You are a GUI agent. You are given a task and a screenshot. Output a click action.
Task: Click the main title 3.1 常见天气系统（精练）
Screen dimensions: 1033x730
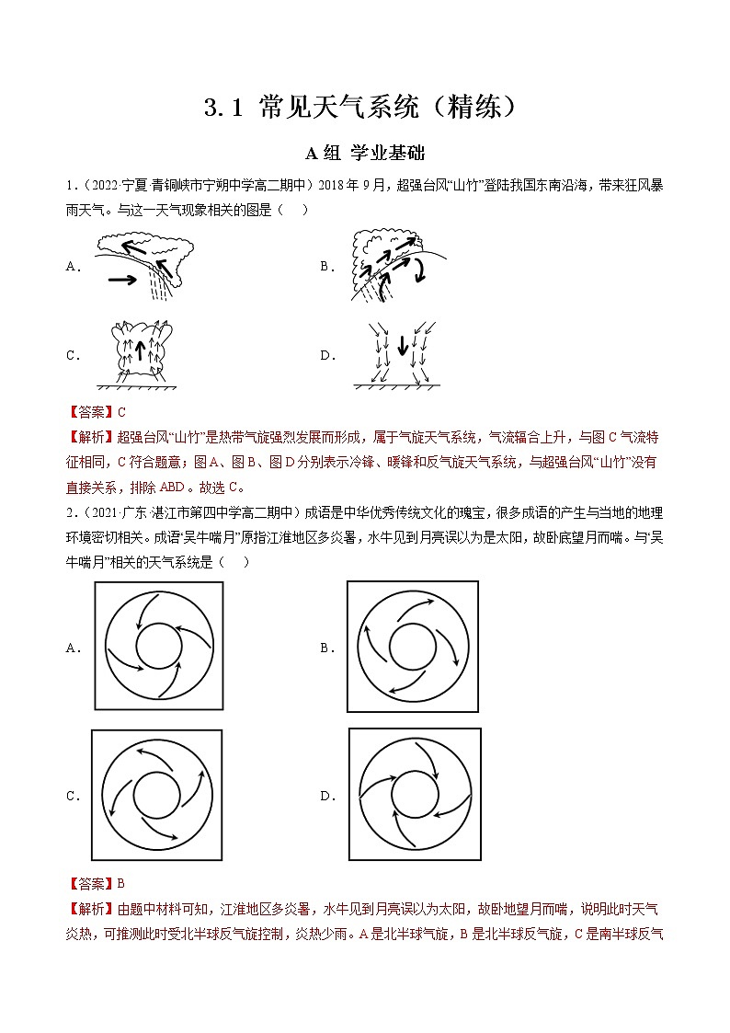tap(365, 108)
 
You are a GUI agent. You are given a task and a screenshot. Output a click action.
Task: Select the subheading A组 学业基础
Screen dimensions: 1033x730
tap(365, 153)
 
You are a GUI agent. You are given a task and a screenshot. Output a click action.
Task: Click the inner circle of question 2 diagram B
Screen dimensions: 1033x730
tap(413, 647)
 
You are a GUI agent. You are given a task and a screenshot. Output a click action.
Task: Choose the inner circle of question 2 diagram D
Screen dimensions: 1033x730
tap(416, 796)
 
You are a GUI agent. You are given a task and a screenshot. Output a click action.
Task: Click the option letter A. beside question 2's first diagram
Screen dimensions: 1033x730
tap(74, 648)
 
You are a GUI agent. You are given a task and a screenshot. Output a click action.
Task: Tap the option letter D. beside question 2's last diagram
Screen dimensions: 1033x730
tap(327, 797)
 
